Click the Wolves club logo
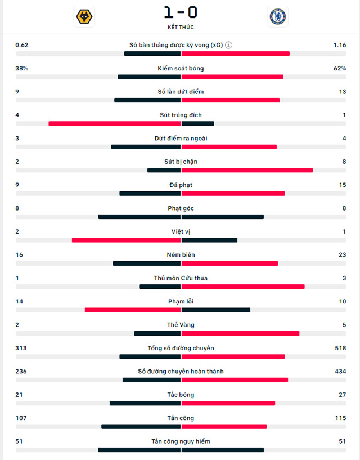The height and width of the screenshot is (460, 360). click(x=84, y=16)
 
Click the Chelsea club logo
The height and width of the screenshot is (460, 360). click(x=277, y=16)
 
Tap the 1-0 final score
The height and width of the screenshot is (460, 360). click(x=181, y=12)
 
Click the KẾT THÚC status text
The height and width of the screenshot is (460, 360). click(x=181, y=27)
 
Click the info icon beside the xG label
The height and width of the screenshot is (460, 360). click(x=229, y=45)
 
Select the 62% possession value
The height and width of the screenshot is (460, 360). click(x=340, y=69)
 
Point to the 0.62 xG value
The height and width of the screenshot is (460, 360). click(x=21, y=45)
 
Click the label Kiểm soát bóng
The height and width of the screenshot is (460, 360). click(x=181, y=69)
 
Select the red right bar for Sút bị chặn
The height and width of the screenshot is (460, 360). click(x=247, y=170)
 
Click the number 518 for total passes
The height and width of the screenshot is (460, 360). click(x=340, y=349)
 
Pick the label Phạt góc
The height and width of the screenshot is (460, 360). click(x=181, y=208)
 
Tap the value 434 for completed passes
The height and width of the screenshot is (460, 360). click(x=340, y=372)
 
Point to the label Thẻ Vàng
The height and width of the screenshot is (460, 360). click(x=181, y=325)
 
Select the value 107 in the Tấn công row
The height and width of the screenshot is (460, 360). click(x=22, y=418)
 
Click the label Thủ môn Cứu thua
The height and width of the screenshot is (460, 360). click(x=181, y=278)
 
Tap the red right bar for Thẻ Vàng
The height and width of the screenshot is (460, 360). click(x=240, y=333)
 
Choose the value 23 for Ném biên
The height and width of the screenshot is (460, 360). click(x=341, y=255)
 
